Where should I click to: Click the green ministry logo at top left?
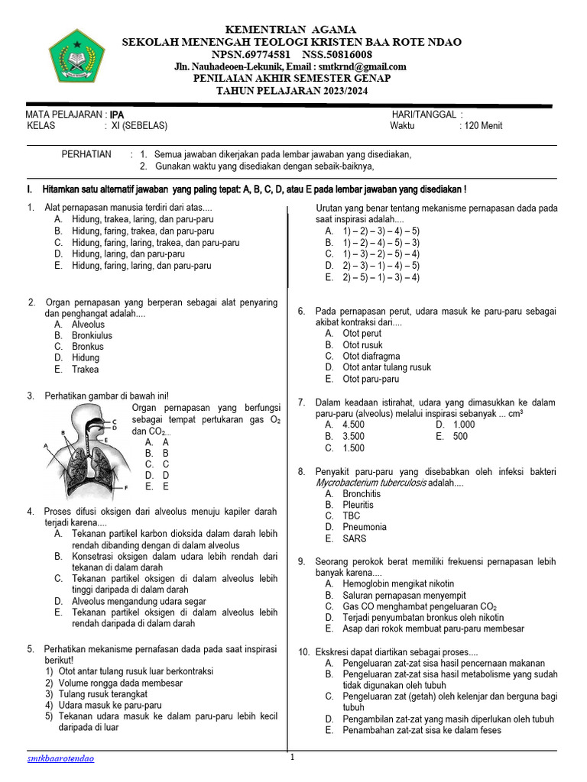(x=73, y=56)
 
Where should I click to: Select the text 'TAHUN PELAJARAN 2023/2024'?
(x=292, y=89)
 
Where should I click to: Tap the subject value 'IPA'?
(x=117, y=115)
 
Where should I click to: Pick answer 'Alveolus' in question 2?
(x=88, y=325)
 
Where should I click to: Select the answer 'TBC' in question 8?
(x=352, y=515)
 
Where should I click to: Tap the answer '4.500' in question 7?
(x=353, y=425)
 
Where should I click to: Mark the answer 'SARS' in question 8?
(x=355, y=538)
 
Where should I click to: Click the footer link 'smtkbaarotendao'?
(x=61, y=758)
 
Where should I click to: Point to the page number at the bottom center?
(x=292, y=758)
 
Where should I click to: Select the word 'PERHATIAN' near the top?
(x=86, y=154)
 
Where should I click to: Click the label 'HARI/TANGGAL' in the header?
(x=423, y=115)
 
